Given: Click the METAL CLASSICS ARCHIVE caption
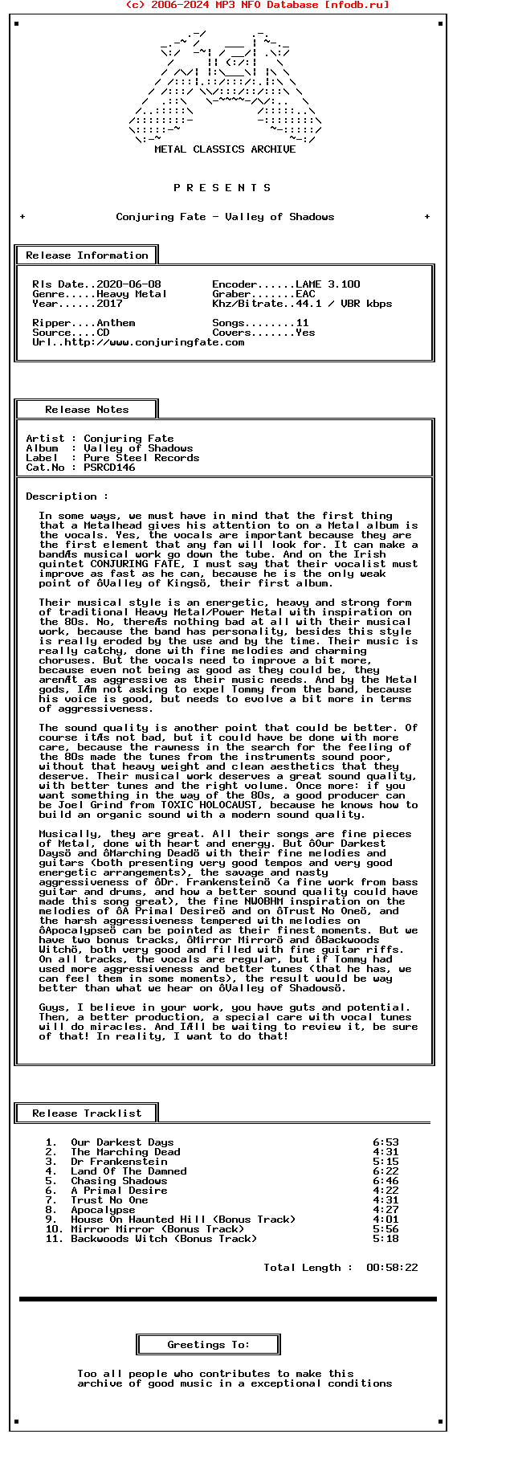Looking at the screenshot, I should pos(225,149).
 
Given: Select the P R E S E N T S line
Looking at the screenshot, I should pos(222,188).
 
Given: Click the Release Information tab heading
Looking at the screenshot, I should pos(87,255).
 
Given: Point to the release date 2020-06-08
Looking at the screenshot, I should pos(128,284).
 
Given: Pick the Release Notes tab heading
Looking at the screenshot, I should pos(87,410).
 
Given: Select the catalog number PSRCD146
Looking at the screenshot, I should pos(109,468).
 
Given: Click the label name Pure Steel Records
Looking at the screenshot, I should pos(141,458).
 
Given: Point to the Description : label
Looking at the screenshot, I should pos(67,496).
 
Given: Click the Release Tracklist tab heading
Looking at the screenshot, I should pos(87,1113).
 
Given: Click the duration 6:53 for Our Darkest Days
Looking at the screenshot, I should pos(385,1142).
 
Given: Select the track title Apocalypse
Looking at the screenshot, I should pos(103,1210).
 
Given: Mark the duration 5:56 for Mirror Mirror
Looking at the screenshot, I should pos(385,1229).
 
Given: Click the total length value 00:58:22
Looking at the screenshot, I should pos(392,1268).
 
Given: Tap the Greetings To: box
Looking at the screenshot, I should pos(208,1345).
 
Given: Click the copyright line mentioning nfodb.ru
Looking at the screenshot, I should pos(257,5).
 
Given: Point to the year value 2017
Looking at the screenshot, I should pos(109,304).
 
